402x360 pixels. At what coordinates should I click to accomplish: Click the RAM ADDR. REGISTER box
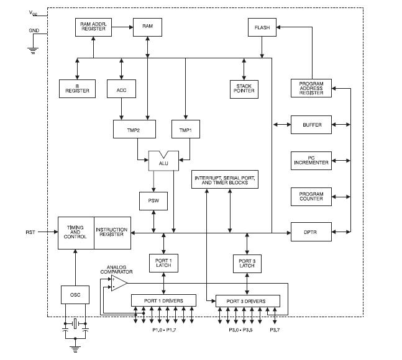pos(93,27)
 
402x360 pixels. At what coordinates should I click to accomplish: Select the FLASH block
pos(262,27)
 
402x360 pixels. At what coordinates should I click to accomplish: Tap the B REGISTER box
pos(77,88)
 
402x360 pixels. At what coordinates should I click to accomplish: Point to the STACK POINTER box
pos(242,88)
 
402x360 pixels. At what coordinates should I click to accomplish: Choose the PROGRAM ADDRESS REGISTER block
pos(311,88)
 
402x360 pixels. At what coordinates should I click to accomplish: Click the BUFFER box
pos(311,125)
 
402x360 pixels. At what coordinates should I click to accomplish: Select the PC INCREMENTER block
pos(311,161)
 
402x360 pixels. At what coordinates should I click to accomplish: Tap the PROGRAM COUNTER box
pos(311,197)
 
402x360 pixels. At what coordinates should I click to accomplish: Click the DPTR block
pos(311,232)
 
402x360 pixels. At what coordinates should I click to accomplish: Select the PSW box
pos(153,200)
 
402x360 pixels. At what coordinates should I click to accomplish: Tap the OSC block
pos(75,294)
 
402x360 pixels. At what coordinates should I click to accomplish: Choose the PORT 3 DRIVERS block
pos(247,301)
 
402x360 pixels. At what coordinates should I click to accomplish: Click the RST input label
pos(30,233)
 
